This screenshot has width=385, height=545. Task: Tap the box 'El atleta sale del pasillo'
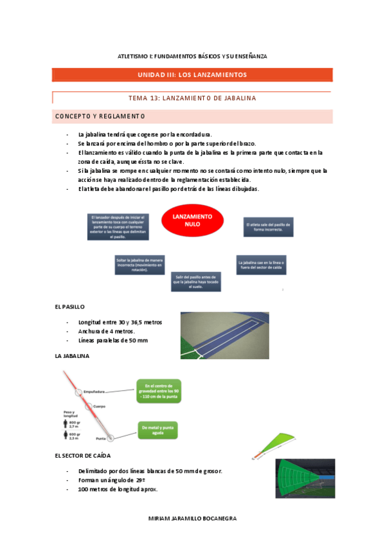(265, 227)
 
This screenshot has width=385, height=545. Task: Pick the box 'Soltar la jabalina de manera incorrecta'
(139, 265)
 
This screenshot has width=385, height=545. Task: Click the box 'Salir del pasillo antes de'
(194, 281)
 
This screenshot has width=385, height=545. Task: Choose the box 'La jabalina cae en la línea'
(262, 265)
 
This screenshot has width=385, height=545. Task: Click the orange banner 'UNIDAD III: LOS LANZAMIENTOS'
(192, 75)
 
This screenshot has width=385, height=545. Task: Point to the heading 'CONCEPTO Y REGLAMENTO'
(100, 116)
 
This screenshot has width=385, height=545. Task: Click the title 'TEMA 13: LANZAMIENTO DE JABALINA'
(192, 98)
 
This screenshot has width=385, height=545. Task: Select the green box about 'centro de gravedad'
(159, 390)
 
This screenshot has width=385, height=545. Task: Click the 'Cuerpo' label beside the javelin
(100, 406)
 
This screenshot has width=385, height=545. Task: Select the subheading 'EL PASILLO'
(69, 307)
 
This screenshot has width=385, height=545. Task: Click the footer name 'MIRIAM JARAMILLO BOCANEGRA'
(192, 518)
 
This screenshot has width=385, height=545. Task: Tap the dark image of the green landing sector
(305, 479)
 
